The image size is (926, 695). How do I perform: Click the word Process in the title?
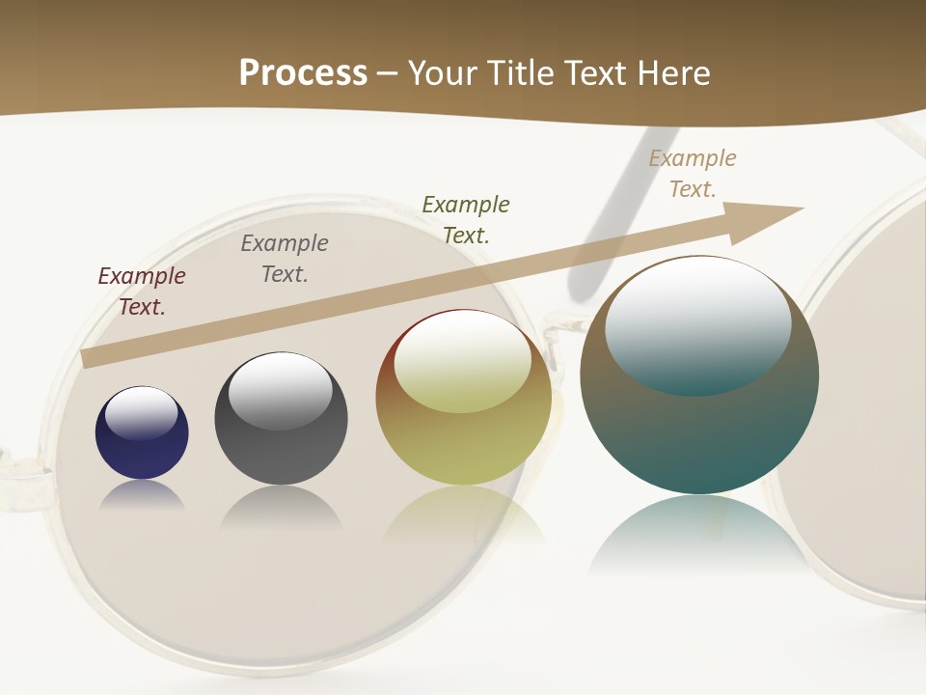click(x=303, y=73)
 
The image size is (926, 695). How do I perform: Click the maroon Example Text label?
click(x=142, y=292)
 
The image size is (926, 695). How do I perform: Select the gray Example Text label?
click(x=285, y=259)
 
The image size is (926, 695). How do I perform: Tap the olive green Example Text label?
click(x=466, y=219)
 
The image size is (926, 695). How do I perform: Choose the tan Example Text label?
click(x=693, y=174)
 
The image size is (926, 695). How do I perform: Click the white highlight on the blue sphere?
click(x=141, y=412)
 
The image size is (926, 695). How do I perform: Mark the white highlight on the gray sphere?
click(x=281, y=390)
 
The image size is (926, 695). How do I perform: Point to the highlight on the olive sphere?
click(x=462, y=362)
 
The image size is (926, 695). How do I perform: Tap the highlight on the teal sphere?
click(x=697, y=325)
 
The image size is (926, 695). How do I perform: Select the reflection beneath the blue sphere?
click(x=142, y=494)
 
